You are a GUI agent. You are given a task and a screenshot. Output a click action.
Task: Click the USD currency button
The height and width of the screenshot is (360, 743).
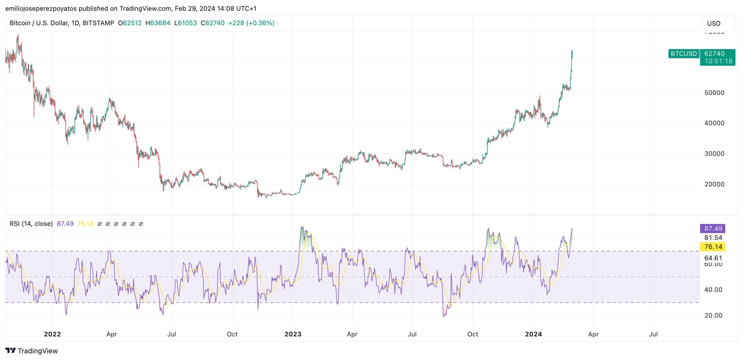coord(718,24)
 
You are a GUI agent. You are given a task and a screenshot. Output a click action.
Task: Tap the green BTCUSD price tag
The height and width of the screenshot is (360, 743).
coord(684,54)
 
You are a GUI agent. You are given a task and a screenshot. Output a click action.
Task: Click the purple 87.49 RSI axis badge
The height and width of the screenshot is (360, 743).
coord(713,228)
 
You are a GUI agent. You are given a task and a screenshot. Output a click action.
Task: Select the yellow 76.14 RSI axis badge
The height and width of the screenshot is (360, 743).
coord(713,247)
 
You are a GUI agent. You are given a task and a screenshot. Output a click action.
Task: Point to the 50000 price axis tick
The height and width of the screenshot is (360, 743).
coord(714,93)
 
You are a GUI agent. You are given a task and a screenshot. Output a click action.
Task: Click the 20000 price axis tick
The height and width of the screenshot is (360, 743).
coord(714,184)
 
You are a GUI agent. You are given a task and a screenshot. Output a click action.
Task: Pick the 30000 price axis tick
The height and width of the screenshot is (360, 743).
coord(714,154)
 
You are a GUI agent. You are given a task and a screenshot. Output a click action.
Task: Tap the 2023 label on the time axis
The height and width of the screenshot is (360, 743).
coord(293,334)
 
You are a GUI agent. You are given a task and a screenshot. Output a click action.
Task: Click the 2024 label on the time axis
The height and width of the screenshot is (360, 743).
coord(533,334)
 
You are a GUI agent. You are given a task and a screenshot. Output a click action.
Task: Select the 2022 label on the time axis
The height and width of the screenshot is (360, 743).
coord(52,334)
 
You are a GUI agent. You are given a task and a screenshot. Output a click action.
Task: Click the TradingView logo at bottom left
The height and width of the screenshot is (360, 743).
coord(32,351)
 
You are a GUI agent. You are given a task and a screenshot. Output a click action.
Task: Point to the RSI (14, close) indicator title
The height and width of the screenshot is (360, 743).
coord(31,224)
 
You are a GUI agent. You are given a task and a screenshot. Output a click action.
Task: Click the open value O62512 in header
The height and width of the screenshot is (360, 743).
coord(130,23)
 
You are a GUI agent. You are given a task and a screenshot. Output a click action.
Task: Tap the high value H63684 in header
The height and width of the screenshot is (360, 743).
coord(158,23)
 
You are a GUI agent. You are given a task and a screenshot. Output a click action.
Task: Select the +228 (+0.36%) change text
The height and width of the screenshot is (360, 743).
coord(251,23)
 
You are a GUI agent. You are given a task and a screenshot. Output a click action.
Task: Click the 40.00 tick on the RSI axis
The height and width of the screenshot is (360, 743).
coord(713,290)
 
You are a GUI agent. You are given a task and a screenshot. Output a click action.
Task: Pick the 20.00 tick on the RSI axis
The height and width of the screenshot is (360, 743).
coord(713,315)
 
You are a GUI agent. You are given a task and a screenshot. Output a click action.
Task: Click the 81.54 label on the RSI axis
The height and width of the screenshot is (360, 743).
coord(713,238)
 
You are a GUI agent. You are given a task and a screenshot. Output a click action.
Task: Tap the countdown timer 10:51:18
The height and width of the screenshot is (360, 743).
coord(718,61)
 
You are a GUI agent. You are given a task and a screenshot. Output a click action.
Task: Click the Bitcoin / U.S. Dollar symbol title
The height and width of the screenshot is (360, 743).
coord(62,23)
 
